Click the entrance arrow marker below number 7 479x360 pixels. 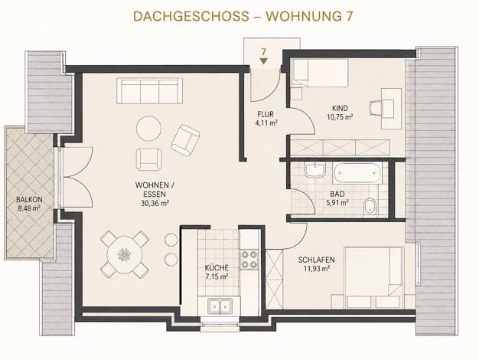pos(264,61)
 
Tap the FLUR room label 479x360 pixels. pos(266,114)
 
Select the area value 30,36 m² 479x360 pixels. pos(155,203)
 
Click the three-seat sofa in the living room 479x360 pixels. pos(149,91)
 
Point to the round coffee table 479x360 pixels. pos(148,129)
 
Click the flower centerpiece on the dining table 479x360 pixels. pos(124,254)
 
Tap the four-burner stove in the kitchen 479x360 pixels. pos(249,260)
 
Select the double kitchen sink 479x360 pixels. pos(220,306)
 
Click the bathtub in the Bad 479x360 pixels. pos(357,173)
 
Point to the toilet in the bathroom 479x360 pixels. pos(370,207)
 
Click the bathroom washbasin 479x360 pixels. pos(315,170)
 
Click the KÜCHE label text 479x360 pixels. pos(217,268)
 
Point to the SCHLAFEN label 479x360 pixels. pos(317,260)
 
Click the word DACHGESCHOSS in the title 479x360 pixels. pos(191,17)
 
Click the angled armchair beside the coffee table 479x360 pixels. pos(185,139)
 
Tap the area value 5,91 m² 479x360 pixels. pos(337,202)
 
